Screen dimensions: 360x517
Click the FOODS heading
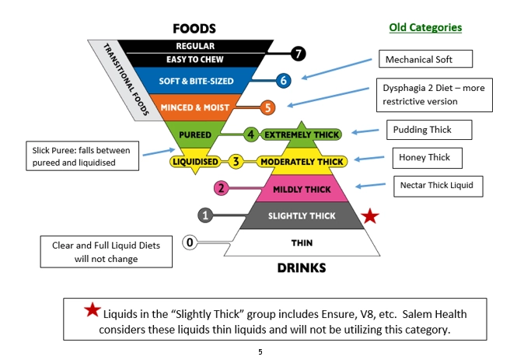(x=195, y=29)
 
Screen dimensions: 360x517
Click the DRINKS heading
(x=302, y=267)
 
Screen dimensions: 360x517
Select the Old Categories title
(x=425, y=28)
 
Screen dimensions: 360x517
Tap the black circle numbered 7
(x=298, y=54)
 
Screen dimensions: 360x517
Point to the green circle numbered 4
(x=250, y=134)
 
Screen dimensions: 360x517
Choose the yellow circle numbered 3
(x=235, y=162)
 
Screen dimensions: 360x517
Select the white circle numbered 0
(x=190, y=242)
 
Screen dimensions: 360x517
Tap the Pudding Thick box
(x=421, y=129)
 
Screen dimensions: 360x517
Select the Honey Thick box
(x=424, y=158)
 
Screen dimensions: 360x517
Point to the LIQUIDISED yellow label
(x=194, y=162)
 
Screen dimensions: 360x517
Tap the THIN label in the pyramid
(x=301, y=243)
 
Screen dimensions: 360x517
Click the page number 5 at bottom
(x=260, y=351)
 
